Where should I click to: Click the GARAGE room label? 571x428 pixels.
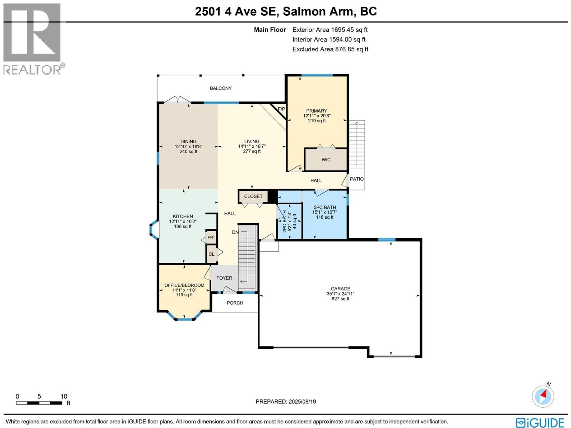(340, 289)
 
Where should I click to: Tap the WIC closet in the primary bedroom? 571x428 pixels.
(326, 159)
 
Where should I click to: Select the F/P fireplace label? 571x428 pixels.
(281, 109)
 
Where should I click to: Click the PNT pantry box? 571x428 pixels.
(211, 237)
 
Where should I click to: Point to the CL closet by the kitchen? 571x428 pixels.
(212, 254)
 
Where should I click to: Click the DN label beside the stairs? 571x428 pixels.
(235, 232)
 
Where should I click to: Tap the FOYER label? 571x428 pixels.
(224, 278)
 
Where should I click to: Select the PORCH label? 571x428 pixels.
(235, 303)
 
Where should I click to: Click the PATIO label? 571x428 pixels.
(357, 179)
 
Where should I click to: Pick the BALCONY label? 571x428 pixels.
(221, 88)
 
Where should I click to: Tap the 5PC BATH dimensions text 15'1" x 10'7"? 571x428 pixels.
(324, 212)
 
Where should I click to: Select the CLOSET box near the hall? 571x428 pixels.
(253, 196)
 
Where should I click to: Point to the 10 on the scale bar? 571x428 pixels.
(64, 396)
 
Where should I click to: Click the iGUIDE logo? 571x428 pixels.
(540, 422)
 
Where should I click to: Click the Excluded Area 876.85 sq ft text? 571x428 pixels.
(330, 49)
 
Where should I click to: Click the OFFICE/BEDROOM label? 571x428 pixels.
(184, 285)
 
